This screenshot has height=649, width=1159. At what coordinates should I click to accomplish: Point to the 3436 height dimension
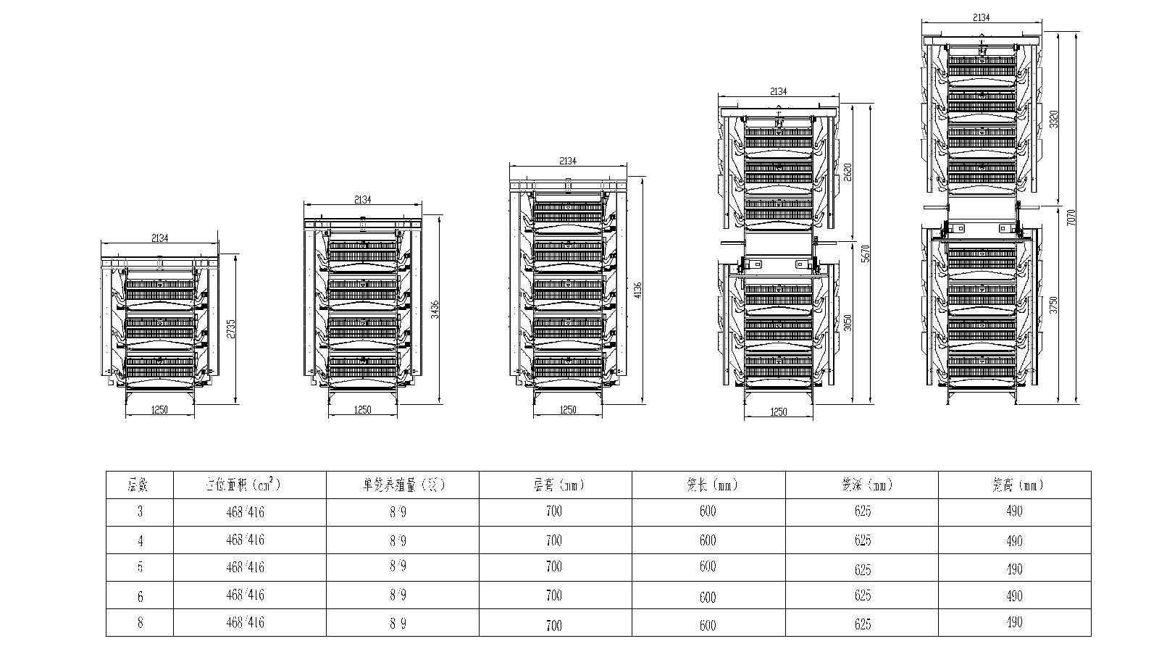click(435, 310)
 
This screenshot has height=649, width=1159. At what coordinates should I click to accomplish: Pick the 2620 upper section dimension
click(847, 172)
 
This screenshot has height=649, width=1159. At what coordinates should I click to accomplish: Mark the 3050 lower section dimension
click(848, 321)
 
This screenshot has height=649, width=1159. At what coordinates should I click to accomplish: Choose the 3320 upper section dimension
click(1054, 119)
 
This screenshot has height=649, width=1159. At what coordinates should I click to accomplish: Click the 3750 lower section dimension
click(1054, 304)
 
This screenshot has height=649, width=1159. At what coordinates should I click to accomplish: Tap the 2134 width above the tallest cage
click(981, 17)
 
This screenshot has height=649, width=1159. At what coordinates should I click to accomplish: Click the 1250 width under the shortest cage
click(159, 410)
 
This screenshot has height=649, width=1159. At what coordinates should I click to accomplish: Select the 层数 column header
click(139, 485)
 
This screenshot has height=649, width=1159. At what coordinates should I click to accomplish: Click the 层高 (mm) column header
click(554, 485)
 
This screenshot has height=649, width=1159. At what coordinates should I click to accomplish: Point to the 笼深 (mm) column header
click(862, 485)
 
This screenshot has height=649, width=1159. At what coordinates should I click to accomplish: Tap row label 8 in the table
click(140, 622)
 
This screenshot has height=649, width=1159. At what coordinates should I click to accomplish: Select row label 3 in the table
click(140, 511)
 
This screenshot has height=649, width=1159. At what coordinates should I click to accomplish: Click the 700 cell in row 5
click(554, 566)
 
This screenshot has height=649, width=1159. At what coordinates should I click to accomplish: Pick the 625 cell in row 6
click(862, 595)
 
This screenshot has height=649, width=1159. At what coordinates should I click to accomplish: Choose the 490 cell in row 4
click(1014, 540)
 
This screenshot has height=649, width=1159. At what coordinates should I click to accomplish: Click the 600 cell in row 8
click(708, 624)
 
